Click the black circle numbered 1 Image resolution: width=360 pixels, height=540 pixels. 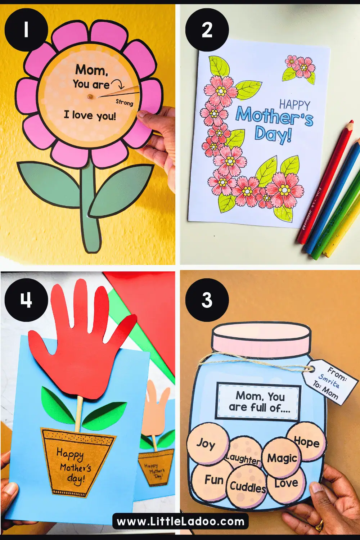(x=26, y=30)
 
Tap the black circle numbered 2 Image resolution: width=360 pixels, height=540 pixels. (x=207, y=30)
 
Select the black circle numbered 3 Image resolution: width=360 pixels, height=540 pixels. (x=207, y=300)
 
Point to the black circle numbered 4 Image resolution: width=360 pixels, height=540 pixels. (x=26, y=300)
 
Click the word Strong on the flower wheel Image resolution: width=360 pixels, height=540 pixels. (x=125, y=102)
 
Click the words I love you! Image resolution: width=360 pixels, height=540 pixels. (x=90, y=116)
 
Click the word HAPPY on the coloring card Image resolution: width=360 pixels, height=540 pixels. (x=294, y=105)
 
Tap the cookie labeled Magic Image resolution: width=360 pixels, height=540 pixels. (x=282, y=458)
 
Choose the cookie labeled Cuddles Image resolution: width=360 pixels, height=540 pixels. (x=248, y=487)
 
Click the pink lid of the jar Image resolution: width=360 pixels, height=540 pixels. (x=261, y=338)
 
